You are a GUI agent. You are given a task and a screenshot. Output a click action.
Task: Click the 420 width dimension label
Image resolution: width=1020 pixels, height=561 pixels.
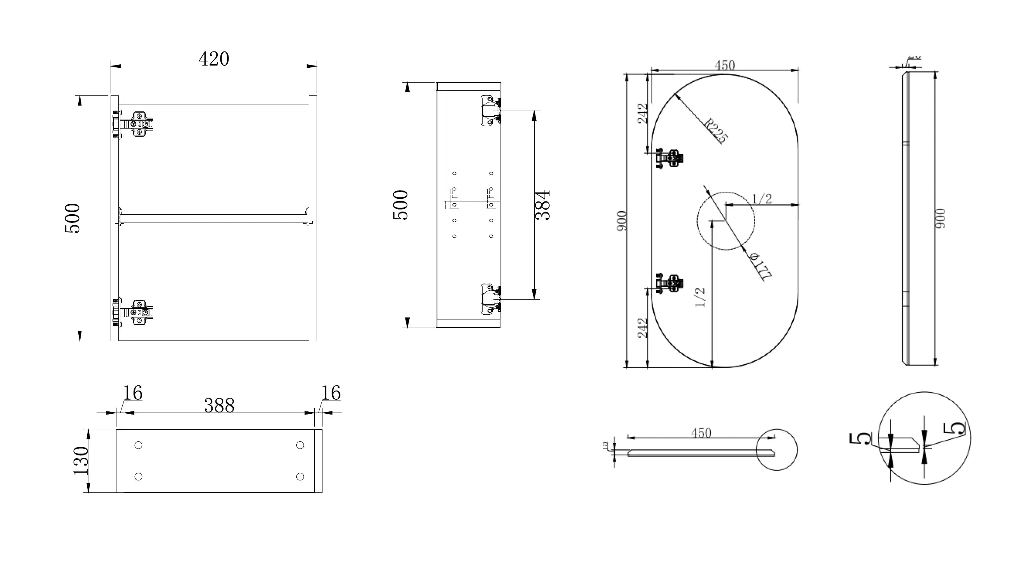(213, 59)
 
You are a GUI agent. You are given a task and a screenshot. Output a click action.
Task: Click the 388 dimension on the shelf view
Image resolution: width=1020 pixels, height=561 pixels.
(219, 405)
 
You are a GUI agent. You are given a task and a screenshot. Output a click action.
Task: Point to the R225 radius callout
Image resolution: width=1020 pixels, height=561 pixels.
(716, 131)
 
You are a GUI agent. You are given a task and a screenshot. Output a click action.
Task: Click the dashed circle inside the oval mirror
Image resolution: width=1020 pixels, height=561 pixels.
(726, 221)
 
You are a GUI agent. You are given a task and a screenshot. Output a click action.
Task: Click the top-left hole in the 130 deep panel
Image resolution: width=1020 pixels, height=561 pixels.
(138, 445)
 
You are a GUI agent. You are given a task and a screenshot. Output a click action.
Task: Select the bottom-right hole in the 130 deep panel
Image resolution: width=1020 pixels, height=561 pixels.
(300, 476)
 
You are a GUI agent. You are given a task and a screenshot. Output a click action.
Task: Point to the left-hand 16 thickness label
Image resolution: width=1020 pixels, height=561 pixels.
(132, 393)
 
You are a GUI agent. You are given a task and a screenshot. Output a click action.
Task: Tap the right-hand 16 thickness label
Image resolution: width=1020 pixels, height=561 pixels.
(331, 393)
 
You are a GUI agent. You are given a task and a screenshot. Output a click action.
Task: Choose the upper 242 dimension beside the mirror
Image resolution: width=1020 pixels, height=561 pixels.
(643, 113)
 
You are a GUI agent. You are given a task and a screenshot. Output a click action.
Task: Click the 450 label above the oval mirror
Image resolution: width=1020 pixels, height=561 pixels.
(724, 65)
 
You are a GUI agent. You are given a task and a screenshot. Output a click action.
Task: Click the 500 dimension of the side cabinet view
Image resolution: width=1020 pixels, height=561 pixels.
(400, 205)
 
